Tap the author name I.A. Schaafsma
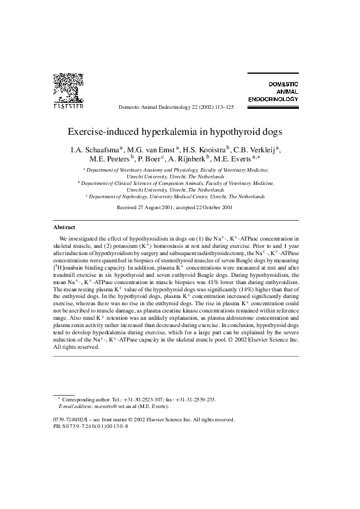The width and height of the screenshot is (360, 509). coord(96,149)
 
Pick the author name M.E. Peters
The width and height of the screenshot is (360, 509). coord(109,159)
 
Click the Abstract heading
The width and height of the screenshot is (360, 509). coord(65,227)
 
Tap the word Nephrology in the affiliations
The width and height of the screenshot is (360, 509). coord(156,196)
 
